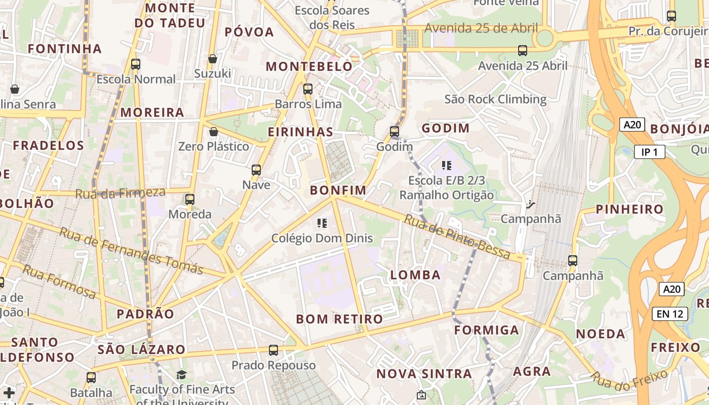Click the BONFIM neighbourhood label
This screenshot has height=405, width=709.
coord(338,190)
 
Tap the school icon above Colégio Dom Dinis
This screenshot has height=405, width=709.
coord(322,223)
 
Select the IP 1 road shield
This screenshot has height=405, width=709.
coord(650,152)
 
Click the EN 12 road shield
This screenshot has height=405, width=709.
coord(669,314)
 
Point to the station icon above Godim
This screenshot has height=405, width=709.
coord(395,132)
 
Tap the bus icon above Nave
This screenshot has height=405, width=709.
coord(256,170)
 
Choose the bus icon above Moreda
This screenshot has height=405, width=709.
coord(190,199)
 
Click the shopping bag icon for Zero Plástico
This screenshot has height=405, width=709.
coord(214,132)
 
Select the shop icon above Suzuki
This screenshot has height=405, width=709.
coord(213,59)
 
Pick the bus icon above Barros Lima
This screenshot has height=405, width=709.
coord(307,89)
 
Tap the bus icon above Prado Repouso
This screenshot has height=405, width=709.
coord(273,350)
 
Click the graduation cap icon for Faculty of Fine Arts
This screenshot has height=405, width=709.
coord(181,375)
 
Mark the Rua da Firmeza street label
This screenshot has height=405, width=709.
coord(121,193)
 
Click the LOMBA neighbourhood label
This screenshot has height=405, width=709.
coord(415,275)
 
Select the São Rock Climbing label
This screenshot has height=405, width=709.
coord(495,99)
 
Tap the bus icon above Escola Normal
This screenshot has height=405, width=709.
coord(136,64)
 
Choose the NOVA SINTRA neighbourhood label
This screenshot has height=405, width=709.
coord(424,374)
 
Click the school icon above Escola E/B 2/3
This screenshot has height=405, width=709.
coord(446,166)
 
